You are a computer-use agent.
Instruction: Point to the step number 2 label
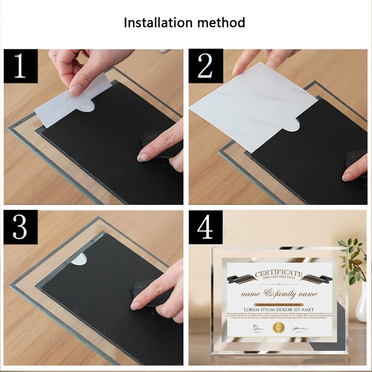point(205,66)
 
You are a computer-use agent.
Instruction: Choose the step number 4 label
point(205,227)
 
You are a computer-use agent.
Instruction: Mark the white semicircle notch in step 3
point(79,259)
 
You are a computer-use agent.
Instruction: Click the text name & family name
point(279,294)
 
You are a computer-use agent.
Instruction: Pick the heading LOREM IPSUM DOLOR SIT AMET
point(279,309)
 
